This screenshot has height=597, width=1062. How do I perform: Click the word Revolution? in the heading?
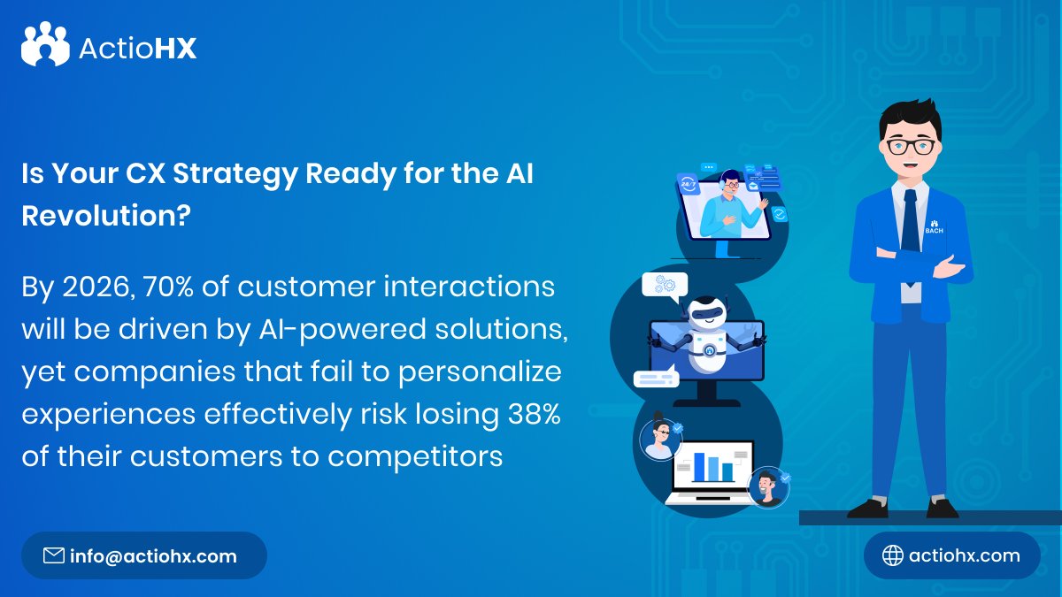point(105,216)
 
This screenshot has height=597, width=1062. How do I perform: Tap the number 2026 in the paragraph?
point(90,287)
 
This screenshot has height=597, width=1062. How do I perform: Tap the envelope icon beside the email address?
point(54,555)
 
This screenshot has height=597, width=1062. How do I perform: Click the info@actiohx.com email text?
point(153,556)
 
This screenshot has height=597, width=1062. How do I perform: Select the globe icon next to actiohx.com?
point(893,555)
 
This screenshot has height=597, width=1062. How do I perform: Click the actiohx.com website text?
point(964,555)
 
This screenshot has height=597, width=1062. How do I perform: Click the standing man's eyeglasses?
point(912,147)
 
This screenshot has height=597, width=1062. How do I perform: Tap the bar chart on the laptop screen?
point(712,467)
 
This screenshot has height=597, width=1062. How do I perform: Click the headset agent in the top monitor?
point(728,205)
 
